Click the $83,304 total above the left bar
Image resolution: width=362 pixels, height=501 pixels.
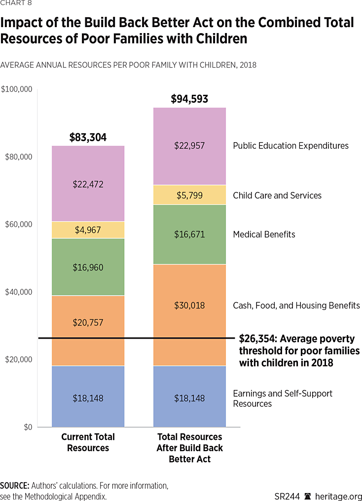tap(88, 138)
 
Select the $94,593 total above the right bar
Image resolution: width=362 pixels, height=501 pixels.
tap(189, 99)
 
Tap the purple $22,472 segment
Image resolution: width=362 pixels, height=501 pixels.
tap(88, 184)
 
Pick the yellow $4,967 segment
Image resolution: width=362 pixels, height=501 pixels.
tap(88, 230)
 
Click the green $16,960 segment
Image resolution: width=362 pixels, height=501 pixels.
tap(88, 267)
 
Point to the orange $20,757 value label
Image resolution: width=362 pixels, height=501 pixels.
tap(88, 323)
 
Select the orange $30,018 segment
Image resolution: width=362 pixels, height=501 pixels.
tap(189, 306)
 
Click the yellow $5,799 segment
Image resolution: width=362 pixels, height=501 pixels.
tap(189, 195)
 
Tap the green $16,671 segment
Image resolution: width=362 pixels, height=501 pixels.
tap(189, 234)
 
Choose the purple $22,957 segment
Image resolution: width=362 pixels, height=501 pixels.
tap(189, 146)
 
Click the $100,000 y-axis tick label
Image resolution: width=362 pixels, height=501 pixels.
tap(16, 89)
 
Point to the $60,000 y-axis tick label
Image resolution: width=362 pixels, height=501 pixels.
tap(18, 225)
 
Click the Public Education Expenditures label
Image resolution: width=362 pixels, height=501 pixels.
tap(290, 146)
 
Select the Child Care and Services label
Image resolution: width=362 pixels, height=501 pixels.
tap(277, 195)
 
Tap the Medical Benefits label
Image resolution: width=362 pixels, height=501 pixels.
tap(264, 234)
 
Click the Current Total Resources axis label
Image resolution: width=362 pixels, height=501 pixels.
tap(88, 442)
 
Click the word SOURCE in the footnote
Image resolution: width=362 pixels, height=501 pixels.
tap(14, 486)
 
